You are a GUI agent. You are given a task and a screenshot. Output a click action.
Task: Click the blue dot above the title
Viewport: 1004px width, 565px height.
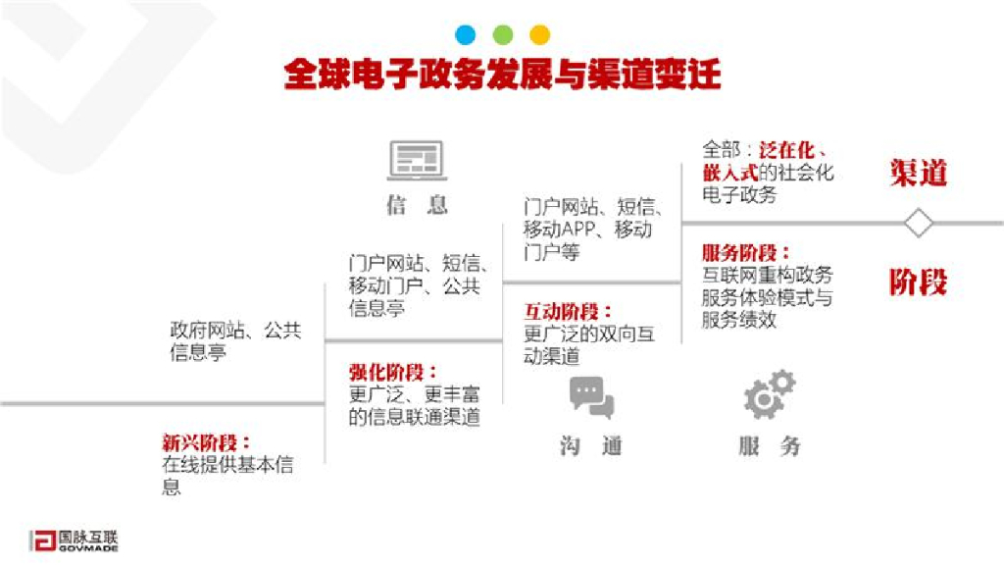(x=466, y=35)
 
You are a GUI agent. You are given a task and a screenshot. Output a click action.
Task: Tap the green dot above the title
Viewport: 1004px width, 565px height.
(x=503, y=35)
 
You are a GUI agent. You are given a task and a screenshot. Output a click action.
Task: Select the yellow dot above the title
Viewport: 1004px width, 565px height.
(x=539, y=35)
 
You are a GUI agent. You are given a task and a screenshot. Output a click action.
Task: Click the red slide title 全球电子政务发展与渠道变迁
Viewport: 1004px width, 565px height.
(x=502, y=75)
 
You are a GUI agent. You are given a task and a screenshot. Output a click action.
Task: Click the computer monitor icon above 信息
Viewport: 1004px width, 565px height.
(x=417, y=160)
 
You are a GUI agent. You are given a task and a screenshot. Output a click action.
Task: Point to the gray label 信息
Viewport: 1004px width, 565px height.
(x=417, y=205)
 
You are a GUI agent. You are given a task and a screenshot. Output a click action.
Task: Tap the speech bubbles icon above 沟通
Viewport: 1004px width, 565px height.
(x=591, y=397)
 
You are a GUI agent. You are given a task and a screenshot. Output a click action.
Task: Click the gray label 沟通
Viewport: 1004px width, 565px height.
(x=591, y=446)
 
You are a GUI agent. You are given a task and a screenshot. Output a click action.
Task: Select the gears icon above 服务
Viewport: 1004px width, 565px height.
(x=770, y=395)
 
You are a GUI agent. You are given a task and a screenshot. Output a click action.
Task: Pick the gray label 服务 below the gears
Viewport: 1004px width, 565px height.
(x=770, y=446)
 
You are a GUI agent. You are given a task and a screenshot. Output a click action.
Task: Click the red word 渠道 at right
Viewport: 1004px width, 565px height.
(x=919, y=173)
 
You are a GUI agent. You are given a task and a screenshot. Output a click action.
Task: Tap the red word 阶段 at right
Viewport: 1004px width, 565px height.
(x=919, y=282)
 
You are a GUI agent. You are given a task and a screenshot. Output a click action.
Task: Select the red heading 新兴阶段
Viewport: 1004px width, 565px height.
(x=206, y=442)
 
